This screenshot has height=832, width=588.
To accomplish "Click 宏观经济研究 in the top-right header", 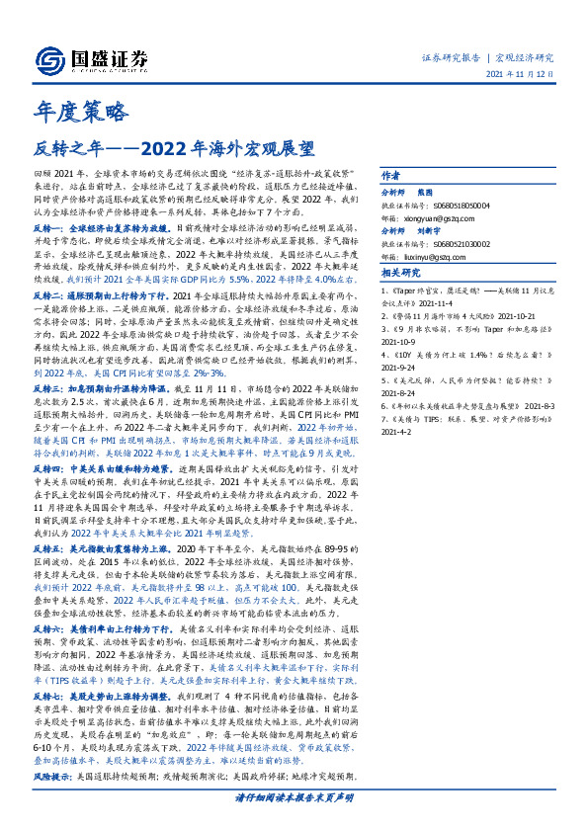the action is click(524, 57).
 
